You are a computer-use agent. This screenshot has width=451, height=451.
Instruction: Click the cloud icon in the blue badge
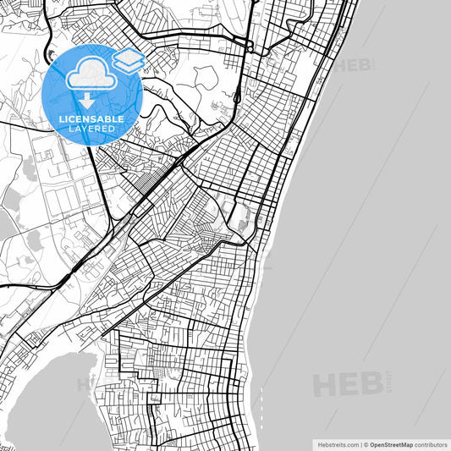[90, 74]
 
